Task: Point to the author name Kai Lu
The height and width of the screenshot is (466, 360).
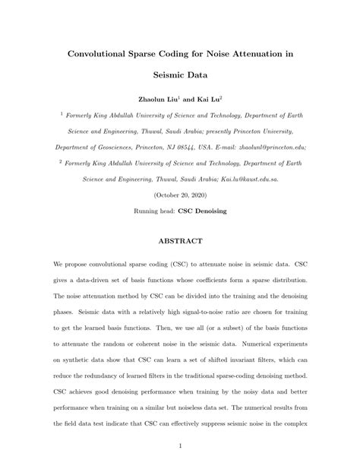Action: click(207, 100)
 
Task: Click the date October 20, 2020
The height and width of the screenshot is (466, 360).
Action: click(179, 195)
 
